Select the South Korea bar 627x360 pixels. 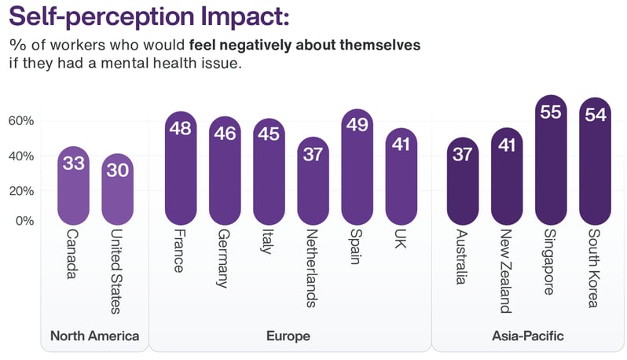tap(595, 161)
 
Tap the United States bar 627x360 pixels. tap(118, 189)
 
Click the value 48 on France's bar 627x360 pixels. tap(181, 127)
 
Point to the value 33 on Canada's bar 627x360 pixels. tap(75, 164)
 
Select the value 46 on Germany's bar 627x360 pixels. tap(225, 133)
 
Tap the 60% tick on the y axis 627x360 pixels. tap(21, 121)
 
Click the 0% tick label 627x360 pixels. tap(25, 221)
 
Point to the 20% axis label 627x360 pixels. tap(21, 190)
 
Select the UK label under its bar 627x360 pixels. tap(400, 239)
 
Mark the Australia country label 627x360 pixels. tap(463, 258)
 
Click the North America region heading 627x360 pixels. tap(94, 336)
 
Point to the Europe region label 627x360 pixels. tap(288, 336)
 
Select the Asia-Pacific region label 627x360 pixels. tap(528, 336)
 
